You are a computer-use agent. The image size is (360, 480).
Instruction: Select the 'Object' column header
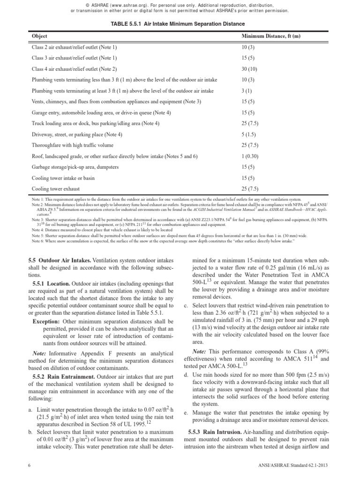(x=39, y=36)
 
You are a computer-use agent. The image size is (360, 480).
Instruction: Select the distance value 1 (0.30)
(x=250, y=156)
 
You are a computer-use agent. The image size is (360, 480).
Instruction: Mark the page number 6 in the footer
(x=30, y=469)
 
